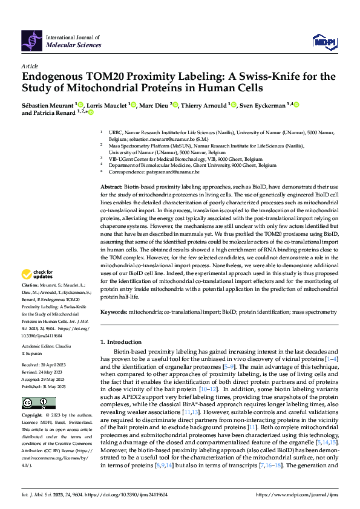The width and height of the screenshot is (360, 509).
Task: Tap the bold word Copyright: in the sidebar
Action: tap(33, 417)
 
